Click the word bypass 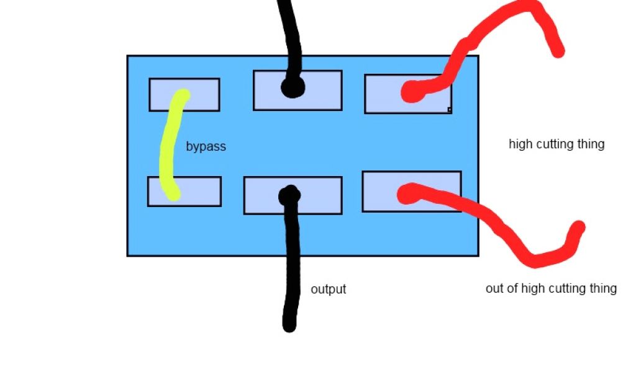click(206, 147)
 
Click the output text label click(328, 290)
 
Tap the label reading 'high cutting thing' click(556, 144)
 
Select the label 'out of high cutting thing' click(551, 288)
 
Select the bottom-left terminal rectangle click(199, 191)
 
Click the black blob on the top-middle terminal click(292, 87)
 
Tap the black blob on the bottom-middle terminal click(289, 195)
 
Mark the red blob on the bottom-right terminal click(408, 193)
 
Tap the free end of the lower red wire click(578, 229)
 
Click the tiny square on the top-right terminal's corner click(449, 110)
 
